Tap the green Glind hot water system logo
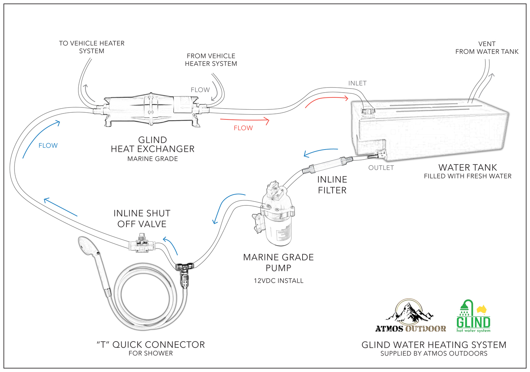coord(473,317)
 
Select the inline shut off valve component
coord(140,245)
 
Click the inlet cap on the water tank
coord(368,110)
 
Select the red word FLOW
coord(243,128)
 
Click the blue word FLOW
coord(48,145)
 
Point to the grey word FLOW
coord(200,90)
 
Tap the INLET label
coord(357,83)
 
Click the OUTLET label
coord(381,168)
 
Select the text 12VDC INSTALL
coord(278,281)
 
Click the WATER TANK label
coord(467,167)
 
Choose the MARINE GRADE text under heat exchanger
coord(152,159)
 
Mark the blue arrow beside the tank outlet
coord(320,152)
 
